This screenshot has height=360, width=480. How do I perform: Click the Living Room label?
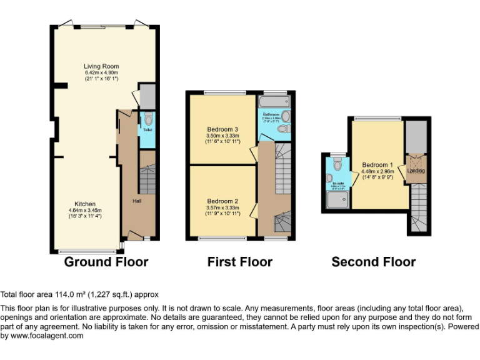click(x=101, y=66)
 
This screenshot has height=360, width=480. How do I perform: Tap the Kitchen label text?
click(x=85, y=204)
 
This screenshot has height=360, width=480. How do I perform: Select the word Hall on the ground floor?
click(x=136, y=201)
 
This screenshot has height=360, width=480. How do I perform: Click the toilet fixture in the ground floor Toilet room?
click(x=148, y=119)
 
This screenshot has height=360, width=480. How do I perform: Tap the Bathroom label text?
click(x=271, y=115)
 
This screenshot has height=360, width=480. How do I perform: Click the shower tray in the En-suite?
click(x=337, y=199)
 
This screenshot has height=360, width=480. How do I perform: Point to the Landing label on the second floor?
click(x=416, y=171)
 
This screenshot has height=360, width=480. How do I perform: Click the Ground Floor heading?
click(x=106, y=262)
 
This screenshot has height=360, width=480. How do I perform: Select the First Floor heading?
click(x=240, y=262)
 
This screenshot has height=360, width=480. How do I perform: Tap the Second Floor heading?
click(x=373, y=262)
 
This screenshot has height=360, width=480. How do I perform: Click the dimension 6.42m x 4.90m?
click(x=101, y=73)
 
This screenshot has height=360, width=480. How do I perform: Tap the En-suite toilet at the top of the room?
click(x=337, y=164)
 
